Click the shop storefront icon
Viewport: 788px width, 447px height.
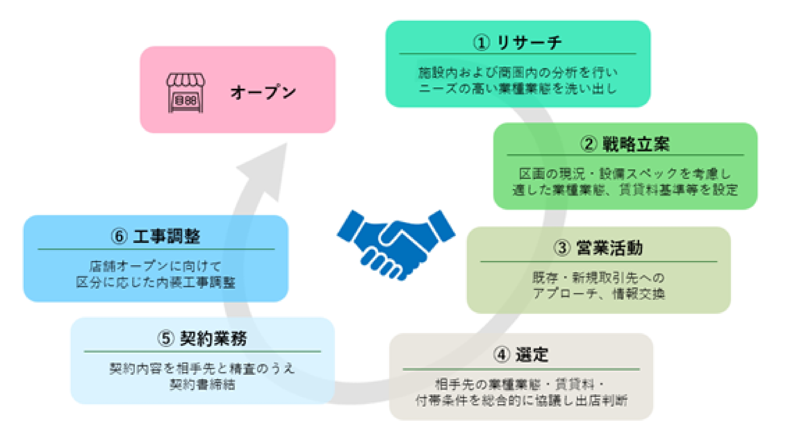(x=186, y=93)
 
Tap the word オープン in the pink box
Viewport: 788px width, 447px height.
(x=263, y=92)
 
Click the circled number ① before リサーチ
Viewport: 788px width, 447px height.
(x=481, y=43)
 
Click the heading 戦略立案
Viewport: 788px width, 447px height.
(x=636, y=144)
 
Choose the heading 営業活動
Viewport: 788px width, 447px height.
(x=609, y=248)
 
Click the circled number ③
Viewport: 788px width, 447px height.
(x=562, y=248)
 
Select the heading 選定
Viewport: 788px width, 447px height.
(x=532, y=355)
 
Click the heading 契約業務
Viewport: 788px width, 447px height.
(x=213, y=339)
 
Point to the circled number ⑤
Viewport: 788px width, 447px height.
(x=166, y=339)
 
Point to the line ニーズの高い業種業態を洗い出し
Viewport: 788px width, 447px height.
(x=518, y=89)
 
